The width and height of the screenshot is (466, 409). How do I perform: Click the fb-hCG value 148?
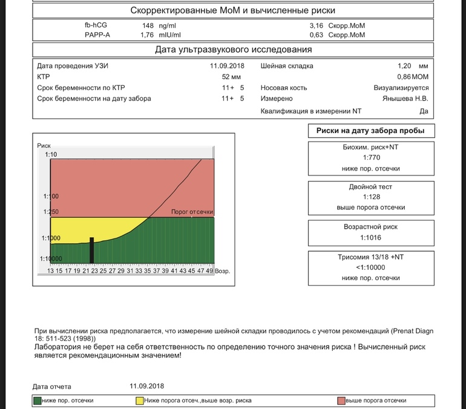pos(148,26)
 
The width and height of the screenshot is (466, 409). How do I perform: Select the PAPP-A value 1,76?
pos(147,35)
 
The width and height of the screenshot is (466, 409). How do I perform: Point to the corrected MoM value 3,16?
pos(317,26)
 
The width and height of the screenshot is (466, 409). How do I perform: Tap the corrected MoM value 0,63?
pos(317,35)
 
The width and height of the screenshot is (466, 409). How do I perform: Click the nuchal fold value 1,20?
pos(404,66)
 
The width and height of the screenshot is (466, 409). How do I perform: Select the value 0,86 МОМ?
pos(412,77)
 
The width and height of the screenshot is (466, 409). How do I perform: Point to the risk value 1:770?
pos(371,158)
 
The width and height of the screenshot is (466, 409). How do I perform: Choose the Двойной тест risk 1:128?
pos(371,197)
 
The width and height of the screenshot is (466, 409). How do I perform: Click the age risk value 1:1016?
pos(371,238)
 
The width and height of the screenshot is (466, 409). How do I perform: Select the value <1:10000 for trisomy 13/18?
pos(371,267)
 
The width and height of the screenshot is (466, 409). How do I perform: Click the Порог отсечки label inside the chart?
pos(192,212)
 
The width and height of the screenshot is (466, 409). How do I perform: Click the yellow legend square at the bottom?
pos(140,401)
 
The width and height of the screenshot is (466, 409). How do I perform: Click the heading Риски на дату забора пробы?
pos(370,131)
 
